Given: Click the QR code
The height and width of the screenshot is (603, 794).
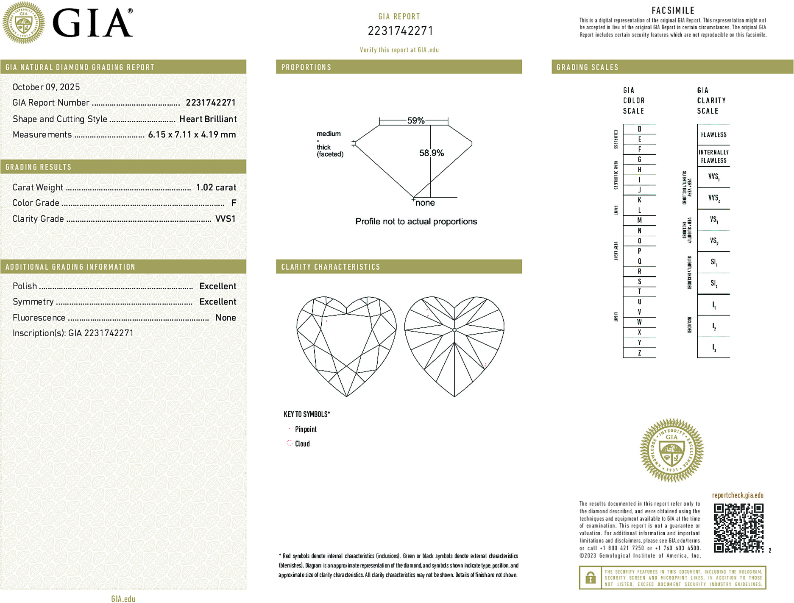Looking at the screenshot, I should tap(738, 528).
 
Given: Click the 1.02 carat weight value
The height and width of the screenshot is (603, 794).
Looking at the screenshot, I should tap(216, 187).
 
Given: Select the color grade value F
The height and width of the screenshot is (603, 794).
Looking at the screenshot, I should tap(233, 203).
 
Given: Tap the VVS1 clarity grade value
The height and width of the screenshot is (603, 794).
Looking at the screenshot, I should tap(225, 219).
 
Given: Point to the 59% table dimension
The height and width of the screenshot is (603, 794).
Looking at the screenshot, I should tap(415, 120).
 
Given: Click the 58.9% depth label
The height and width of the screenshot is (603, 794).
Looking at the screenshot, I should tap(431, 153).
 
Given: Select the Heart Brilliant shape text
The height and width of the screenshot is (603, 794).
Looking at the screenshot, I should tap(208, 119).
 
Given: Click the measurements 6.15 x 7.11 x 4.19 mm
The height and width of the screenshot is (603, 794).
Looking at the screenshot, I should tap(192, 135).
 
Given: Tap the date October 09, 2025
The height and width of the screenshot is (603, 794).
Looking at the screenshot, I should tap(46, 87).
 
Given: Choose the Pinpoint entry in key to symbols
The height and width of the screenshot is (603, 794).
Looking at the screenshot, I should tap(306, 429).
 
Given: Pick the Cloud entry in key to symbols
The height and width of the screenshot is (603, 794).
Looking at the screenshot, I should tap(302, 444).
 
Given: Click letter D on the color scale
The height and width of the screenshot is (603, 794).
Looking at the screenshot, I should tap(639, 129).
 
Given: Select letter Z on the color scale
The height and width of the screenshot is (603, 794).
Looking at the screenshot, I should tap(639, 353).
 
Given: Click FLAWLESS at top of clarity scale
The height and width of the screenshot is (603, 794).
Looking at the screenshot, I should tap(713, 135).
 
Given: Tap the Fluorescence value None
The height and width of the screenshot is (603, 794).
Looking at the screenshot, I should tap(226, 318).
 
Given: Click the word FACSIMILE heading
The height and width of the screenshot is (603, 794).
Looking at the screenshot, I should tap(673, 11).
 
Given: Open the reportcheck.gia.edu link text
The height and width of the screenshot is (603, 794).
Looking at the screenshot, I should tap(738, 495).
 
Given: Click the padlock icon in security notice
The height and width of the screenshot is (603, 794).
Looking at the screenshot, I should tap(590, 578).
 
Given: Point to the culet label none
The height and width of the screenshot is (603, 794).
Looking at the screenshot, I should tap(425, 203).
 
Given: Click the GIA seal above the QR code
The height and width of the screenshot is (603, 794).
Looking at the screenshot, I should tap(671, 450).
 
